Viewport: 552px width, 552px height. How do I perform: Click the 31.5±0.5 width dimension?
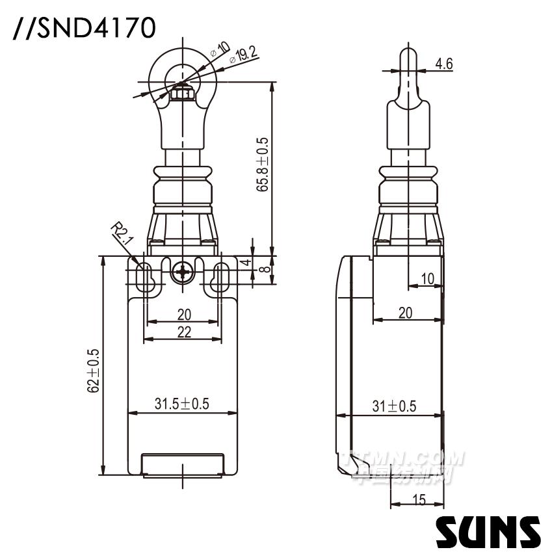click(181, 404)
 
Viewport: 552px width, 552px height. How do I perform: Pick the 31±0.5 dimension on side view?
click(394, 406)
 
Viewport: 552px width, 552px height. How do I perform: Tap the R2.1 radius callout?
click(121, 233)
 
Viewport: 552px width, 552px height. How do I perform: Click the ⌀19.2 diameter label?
click(244, 55)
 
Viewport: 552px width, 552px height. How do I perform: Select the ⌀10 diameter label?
click(220, 49)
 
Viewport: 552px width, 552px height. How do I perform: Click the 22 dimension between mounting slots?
click(184, 332)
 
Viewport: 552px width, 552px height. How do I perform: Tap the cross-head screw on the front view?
click(183, 272)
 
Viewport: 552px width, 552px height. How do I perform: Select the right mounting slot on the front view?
click(221, 277)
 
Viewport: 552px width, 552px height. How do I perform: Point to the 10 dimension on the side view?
click(427, 279)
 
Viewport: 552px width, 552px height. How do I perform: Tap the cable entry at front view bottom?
click(183, 464)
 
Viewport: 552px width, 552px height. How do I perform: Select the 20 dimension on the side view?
click(405, 313)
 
